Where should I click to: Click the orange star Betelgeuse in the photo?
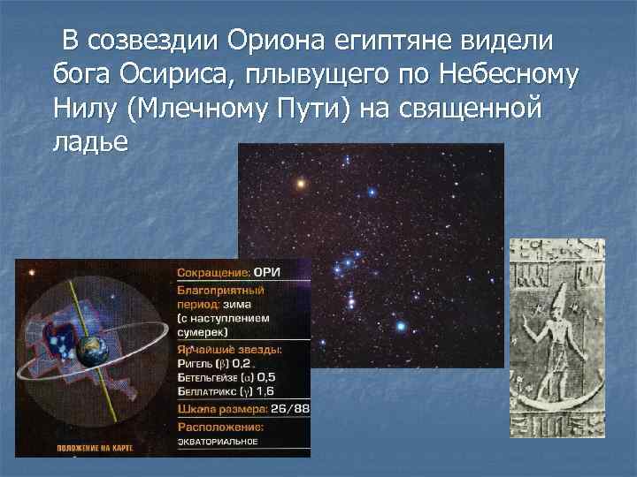(301, 184)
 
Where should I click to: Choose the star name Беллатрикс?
(210, 392)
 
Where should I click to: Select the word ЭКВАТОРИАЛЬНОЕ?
(217, 442)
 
